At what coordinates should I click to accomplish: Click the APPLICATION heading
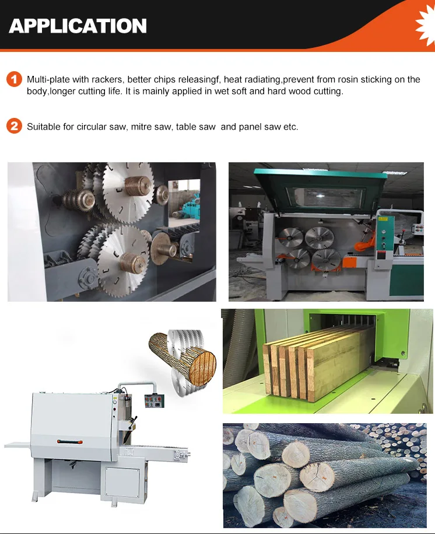click(78, 26)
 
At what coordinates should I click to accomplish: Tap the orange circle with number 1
click(15, 79)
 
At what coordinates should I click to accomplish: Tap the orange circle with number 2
click(15, 126)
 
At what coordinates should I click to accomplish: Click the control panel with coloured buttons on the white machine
click(155, 401)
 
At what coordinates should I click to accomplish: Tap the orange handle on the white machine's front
click(70, 442)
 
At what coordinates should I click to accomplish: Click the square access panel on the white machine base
click(122, 483)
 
